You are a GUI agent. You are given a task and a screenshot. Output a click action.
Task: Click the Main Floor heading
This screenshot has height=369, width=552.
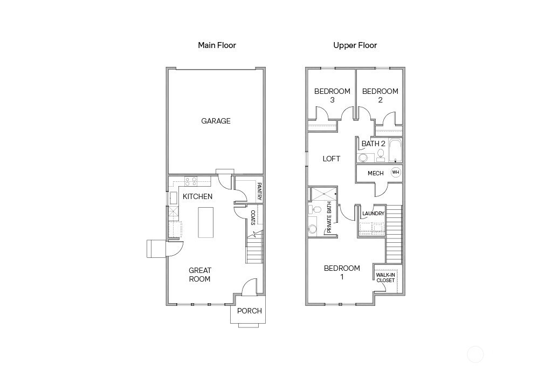pos(217,45)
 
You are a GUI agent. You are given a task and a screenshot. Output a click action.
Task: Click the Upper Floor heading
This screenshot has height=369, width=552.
pos(355,45)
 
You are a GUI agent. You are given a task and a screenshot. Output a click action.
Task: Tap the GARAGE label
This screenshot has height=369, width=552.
pos(216,121)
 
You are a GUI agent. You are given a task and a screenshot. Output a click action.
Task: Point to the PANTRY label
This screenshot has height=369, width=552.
pos(259,192)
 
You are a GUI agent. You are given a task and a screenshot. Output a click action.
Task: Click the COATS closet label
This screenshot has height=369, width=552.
pos(253,217)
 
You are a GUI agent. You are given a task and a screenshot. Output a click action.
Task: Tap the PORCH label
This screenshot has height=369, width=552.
pos(250,311)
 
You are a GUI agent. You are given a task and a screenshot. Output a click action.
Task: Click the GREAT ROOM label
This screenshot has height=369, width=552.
pos(199,275)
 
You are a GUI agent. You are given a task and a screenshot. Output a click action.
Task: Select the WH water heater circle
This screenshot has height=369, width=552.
pos(396,173)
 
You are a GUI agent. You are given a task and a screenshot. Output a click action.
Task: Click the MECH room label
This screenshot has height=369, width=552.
pos(376,173)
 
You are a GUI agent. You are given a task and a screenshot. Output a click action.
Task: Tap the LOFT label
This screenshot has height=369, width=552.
pos(332,159)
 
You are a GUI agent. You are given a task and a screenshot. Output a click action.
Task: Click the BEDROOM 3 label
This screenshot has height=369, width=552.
pos(332,95)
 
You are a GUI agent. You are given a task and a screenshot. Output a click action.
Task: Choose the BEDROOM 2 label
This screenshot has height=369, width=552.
pos(380,95)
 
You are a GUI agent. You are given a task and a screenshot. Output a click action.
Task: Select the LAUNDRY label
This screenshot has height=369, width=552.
pos(373,214)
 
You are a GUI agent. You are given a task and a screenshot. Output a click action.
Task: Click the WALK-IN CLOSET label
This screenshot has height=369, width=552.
pos(385,277)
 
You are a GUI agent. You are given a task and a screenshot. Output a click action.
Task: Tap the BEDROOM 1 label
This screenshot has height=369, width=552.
pos(342,272)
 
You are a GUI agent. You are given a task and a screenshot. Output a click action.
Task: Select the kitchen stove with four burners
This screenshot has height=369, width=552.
pos(191,181)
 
